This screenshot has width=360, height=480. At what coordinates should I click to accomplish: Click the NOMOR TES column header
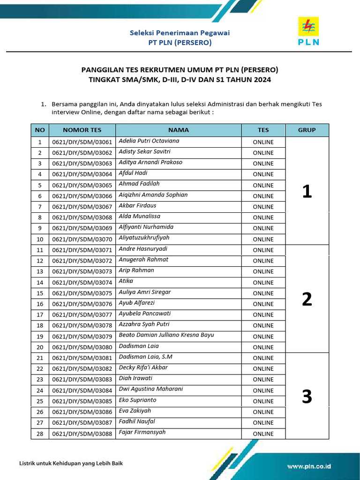pos(82,130)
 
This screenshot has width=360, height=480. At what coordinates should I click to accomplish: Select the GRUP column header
pos(307,130)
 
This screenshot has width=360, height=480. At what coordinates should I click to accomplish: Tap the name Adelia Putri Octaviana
pos(149,141)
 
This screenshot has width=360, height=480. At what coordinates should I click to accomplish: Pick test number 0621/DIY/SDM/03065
pos(82,185)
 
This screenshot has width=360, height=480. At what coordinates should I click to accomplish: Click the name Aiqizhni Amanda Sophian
pos(153,195)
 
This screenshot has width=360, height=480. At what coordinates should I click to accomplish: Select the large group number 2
pos(307,299)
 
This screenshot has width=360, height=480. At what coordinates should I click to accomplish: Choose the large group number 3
pos(307,397)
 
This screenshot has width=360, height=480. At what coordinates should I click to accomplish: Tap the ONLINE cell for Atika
pos(263,283)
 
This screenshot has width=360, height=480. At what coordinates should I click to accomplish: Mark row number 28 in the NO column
pos(40,434)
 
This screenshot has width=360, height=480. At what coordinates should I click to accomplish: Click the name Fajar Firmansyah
pos(142,433)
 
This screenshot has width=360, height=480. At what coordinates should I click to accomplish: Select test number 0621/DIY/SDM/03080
pos(82,347)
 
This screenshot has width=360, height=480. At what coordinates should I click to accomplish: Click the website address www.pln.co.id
pos(309,466)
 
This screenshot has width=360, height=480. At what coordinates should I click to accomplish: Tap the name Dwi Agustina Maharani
pos(150,389)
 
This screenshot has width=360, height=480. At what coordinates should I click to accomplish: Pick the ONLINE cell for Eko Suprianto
pos(263,401)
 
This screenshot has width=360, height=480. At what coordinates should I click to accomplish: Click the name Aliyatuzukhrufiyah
pos(144,238)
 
